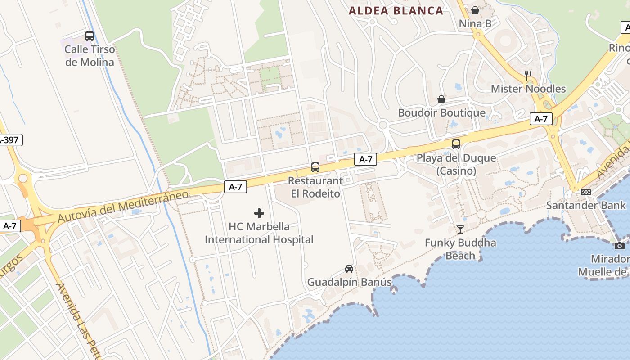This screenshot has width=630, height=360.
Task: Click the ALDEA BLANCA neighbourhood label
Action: pos(396,11)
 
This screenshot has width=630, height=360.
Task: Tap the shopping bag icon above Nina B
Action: pos(475,10)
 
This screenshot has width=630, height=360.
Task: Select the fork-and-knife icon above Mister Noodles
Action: pos(528,76)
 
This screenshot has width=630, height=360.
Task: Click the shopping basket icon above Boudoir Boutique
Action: pos(441,99)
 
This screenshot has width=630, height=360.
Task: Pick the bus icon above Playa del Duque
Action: pos(456,144)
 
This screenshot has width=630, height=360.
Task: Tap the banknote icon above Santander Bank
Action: pos(585,192)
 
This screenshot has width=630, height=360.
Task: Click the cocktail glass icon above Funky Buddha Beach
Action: pos(460,229)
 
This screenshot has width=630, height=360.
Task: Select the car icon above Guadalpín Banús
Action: pos(349,269)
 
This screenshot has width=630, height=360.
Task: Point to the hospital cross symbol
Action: pos(259,213)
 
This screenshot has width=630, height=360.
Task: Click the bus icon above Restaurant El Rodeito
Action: pos(315,167)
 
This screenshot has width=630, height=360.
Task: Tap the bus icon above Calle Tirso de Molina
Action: pos(90,36)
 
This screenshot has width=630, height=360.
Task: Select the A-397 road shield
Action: pos(9,140)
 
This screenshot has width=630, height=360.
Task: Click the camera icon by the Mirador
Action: pos(620,246)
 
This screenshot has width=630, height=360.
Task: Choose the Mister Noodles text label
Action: pos(528,89)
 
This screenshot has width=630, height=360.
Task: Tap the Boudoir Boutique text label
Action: pos(441,113)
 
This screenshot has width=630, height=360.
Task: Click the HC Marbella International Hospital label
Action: pos(259,233)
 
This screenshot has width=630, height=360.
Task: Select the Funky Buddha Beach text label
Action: pos(460,249)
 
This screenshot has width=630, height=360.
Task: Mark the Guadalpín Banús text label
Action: pos(349,282)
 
